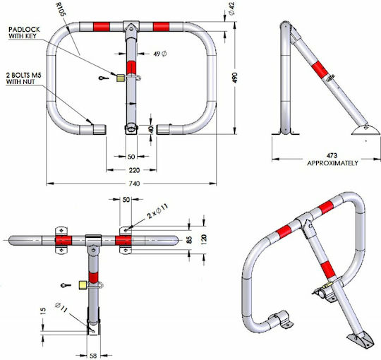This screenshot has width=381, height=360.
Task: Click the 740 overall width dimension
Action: (x=134, y=184)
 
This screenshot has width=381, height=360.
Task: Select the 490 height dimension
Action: (x=235, y=78)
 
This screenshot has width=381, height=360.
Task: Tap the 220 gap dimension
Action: (x=134, y=170)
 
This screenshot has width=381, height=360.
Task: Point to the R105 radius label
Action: (x=61, y=10)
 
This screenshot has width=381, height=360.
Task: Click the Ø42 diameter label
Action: (x=232, y=8)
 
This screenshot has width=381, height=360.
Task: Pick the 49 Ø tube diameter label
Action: (x=160, y=54)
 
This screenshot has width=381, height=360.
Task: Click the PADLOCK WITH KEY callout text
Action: (x=24, y=32)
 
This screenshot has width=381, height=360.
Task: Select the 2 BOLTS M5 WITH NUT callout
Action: (x=23, y=78)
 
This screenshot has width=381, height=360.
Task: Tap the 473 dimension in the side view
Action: (x=332, y=155)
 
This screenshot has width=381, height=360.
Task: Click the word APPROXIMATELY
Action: (x=332, y=163)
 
